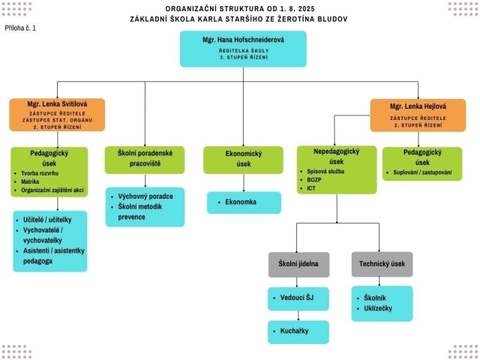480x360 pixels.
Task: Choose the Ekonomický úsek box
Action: (243, 159)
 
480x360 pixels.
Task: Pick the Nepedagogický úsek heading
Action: (336, 156)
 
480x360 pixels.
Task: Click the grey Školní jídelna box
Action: (298, 264)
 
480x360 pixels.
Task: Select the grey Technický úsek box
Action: (382, 264)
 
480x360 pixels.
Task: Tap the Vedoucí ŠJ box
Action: (298, 298)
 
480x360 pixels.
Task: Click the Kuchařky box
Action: (298, 331)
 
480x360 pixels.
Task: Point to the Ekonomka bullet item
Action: (241, 202)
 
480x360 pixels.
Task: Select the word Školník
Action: (375, 298)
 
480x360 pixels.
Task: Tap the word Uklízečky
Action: (379, 308)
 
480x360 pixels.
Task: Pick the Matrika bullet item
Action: (31, 181)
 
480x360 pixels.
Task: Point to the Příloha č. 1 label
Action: (19, 28)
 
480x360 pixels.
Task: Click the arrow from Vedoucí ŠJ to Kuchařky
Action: (298, 315)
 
